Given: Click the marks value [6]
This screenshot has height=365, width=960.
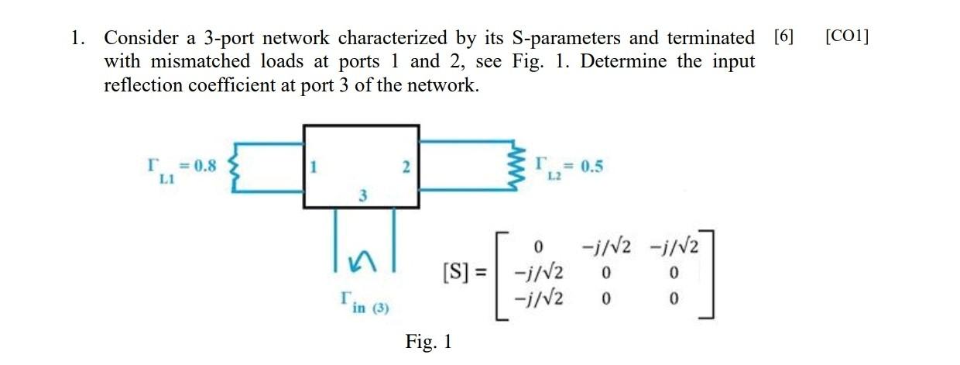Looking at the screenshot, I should click(783, 36).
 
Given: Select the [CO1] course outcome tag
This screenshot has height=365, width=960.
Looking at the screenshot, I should click(847, 36).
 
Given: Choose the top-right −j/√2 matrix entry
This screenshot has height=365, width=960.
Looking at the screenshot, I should click(676, 248).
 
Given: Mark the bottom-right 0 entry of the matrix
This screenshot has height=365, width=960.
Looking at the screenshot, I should click(675, 298).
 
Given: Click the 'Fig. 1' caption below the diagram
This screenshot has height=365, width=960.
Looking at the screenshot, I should click(428, 341).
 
